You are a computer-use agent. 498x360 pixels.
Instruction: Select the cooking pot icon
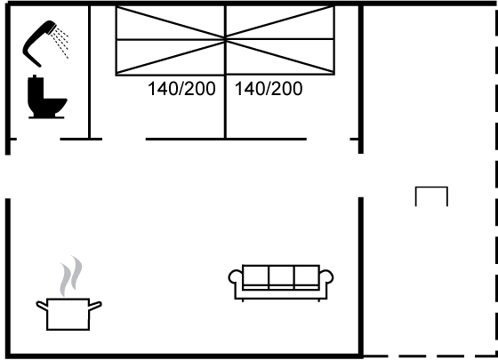tap(68, 315)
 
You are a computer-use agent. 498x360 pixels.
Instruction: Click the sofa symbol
tap(281, 283)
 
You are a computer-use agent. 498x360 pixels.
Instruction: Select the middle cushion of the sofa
tap(281, 276)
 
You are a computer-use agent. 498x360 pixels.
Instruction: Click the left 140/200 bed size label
tap(181, 89)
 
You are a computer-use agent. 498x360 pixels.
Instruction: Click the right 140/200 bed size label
tap(269, 89)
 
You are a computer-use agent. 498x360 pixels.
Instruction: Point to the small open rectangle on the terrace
tap(431, 188)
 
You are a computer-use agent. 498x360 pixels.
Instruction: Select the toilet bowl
tap(54, 107)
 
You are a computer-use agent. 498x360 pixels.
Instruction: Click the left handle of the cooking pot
tap(42, 306)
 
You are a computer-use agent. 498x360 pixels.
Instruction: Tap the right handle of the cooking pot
tap(95, 306)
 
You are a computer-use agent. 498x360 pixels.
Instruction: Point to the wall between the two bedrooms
tap(225, 72)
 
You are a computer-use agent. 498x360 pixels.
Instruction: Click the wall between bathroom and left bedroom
tap(90, 72)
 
